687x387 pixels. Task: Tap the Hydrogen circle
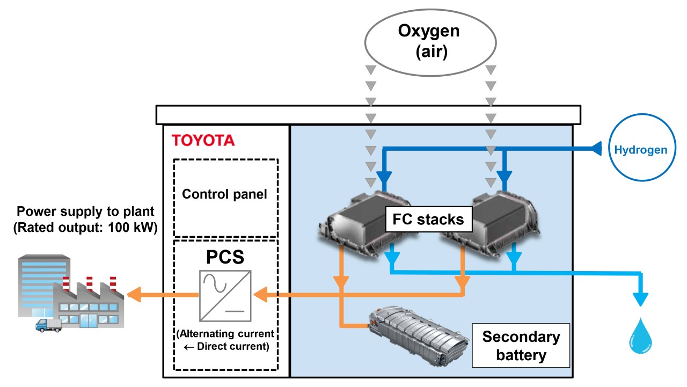[640, 150]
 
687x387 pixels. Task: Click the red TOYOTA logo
[203, 141]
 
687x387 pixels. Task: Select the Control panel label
[224, 194]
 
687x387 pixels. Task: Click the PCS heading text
[225, 257]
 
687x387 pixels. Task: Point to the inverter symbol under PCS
[225, 295]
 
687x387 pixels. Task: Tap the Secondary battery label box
[520, 346]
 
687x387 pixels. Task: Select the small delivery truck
[48, 324]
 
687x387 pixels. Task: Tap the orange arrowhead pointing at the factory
[133, 294]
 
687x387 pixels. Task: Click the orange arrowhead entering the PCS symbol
[260, 294]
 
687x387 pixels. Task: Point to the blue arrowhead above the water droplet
[640, 298]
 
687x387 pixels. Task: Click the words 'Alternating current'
[225, 334]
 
